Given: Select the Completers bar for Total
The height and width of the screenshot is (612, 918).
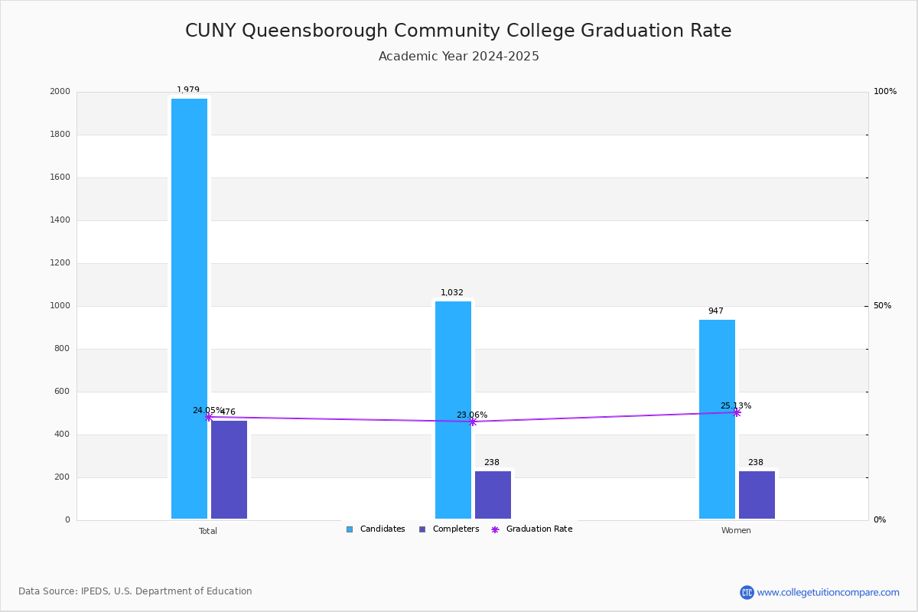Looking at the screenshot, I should [x=229, y=469].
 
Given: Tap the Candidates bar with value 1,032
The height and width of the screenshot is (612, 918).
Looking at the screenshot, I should [x=453, y=409].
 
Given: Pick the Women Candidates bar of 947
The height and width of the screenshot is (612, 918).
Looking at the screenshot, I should [x=717, y=418].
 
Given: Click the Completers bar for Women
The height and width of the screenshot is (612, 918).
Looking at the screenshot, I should [x=757, y=494].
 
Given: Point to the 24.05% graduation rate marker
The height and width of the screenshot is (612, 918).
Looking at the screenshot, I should [x=208, y=417].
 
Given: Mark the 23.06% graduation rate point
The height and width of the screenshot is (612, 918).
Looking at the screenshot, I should [x=472, y=422].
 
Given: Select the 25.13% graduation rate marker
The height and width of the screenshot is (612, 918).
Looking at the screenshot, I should [x=737, y=412].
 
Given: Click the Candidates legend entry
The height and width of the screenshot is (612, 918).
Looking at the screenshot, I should [x=376, y=529].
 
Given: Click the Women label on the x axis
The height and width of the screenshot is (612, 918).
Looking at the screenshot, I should [x=736, y=531].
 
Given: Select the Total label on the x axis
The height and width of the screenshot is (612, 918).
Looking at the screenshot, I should [x=208, y=531].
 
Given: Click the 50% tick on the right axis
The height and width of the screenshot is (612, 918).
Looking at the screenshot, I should [x=882, y=306].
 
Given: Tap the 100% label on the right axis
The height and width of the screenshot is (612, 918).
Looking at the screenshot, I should [x=885, y=92].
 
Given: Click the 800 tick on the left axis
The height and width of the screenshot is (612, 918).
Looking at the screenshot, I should [x=62, y=349].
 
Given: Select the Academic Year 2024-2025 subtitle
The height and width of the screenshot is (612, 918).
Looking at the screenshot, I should [x=459, y=57].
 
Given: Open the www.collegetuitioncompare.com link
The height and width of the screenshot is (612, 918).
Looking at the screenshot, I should [x=828, y=592].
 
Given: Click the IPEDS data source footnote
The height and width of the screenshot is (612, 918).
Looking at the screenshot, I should [x=135, y=591].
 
